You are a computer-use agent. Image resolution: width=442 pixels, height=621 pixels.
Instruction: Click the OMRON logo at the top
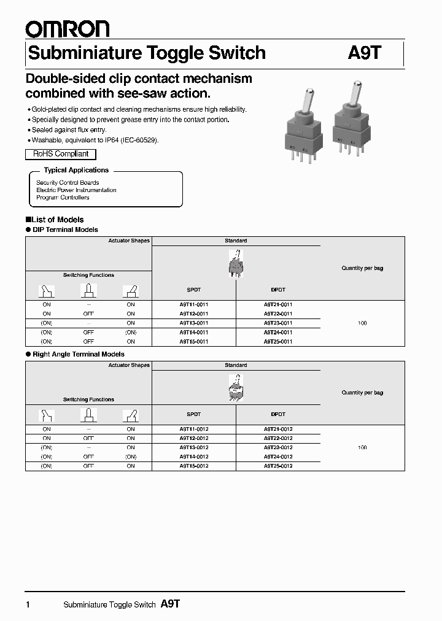pos(67,28)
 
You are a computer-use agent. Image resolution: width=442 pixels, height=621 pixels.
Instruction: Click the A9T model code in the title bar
pos(365,53)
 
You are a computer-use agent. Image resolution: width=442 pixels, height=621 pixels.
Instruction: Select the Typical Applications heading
pos(76,170)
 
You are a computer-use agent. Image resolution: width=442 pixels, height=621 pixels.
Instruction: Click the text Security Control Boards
pos(68,183)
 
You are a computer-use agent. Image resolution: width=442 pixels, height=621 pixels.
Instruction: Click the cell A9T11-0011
pos(193,304)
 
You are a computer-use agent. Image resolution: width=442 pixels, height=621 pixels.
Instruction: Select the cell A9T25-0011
pos(278,341)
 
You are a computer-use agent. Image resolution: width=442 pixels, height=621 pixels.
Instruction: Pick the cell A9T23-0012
pos(278,447)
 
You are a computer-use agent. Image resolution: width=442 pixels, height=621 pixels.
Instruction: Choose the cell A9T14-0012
pos(193,457)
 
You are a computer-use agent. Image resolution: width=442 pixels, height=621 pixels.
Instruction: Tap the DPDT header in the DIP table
pos(278,290)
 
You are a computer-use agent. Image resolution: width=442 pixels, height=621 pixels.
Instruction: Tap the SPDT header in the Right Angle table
pos(193,414)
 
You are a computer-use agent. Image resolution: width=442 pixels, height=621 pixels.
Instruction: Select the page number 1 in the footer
pos(28,605)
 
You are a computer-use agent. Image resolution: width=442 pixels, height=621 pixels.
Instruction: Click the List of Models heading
pos(55,219)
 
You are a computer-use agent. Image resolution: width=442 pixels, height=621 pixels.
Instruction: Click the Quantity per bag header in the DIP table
pos(362,268)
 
